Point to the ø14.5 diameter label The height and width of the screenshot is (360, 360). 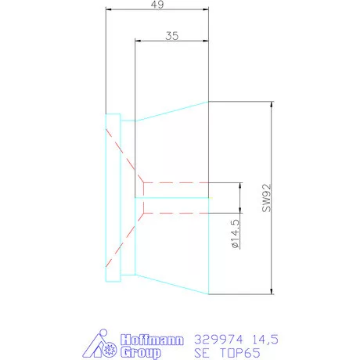pos(236,235)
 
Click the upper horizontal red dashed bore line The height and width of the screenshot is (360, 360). pos(177,183)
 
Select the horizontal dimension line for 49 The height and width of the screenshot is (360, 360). pos(157,10)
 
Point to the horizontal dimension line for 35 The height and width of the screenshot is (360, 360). pos(172,41)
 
